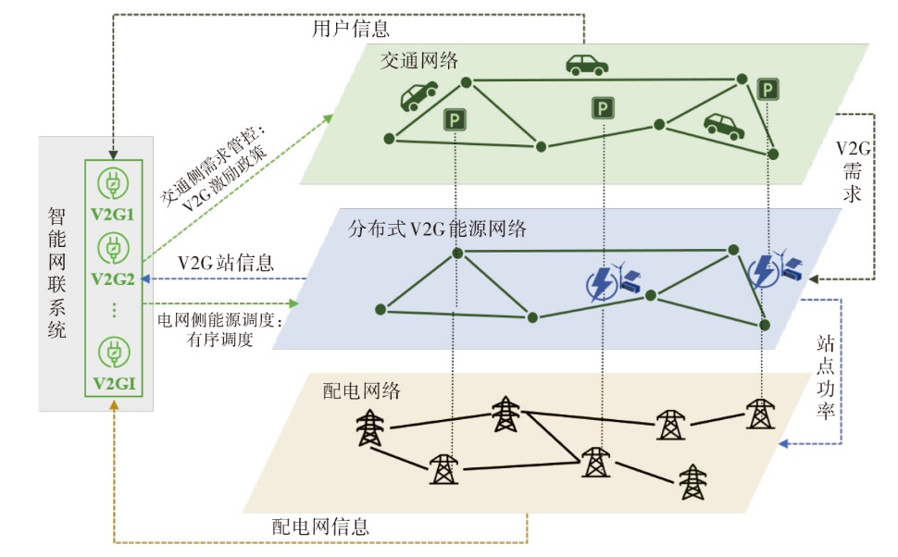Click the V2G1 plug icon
click(113, 184)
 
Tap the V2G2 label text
click(113, 278)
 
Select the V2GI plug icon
click(113, 353)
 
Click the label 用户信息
click(351, 28)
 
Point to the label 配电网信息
click(320, 526)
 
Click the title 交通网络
click(419, 60)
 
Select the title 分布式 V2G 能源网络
click(437, 229)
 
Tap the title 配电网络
click(361, 391)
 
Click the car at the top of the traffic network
click(587, 66)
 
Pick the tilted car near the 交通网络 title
click(418, 95)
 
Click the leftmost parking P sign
click(455, 119)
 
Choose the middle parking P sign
click(603, 107)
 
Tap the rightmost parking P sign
click(767, 90)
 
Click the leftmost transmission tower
click(370, 427)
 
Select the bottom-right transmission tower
click(693, 481)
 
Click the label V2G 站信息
click(226, 263)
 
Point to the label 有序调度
click(220, 340)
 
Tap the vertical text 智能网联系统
click(56, 273)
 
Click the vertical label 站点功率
click(825, 378)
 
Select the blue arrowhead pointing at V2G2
click(145, 278)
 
